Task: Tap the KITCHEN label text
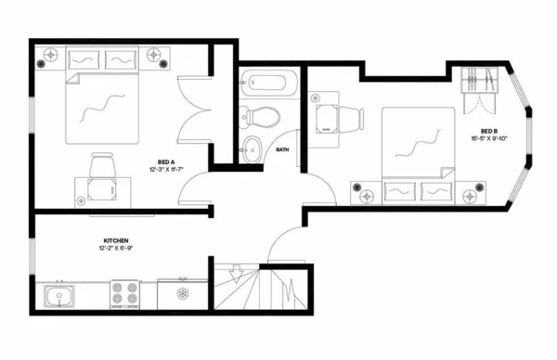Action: click(x=109, y=239)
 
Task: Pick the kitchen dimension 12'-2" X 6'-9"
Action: click(x=113, y=248)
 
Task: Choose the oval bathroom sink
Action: click(x=253, y=146)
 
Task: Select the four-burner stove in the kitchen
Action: click(x=126, y=295)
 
